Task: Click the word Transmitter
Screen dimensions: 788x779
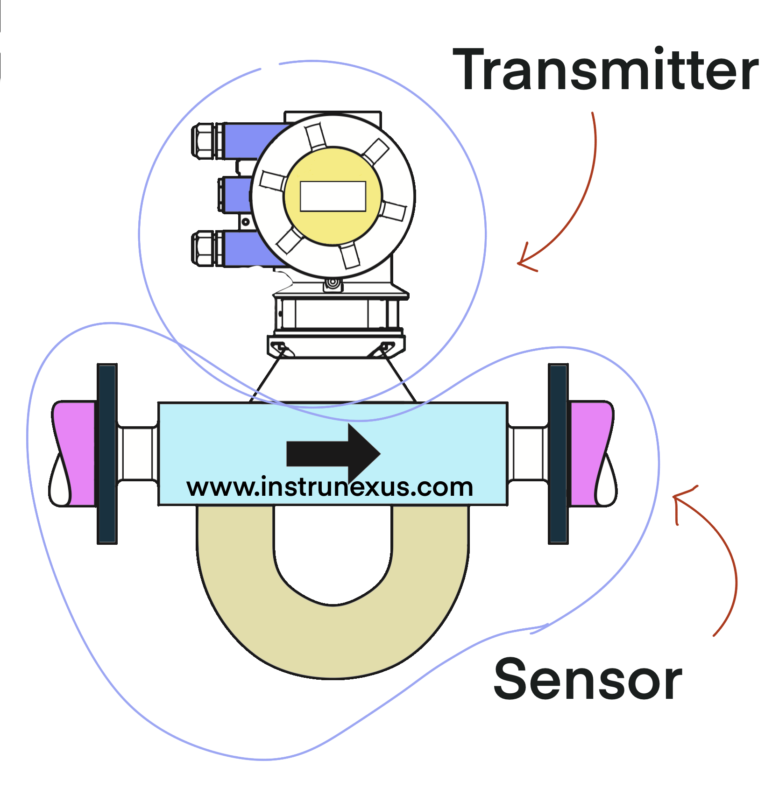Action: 605,70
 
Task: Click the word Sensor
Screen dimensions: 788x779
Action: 588,679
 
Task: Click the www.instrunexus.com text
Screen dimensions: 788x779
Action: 330,487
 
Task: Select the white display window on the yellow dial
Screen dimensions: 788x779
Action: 333,197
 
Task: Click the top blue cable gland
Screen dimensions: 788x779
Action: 252,140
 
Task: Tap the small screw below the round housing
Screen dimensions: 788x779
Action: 333,283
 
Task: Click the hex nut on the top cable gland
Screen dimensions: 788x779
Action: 203,141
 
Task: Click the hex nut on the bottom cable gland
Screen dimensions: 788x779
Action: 203,248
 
